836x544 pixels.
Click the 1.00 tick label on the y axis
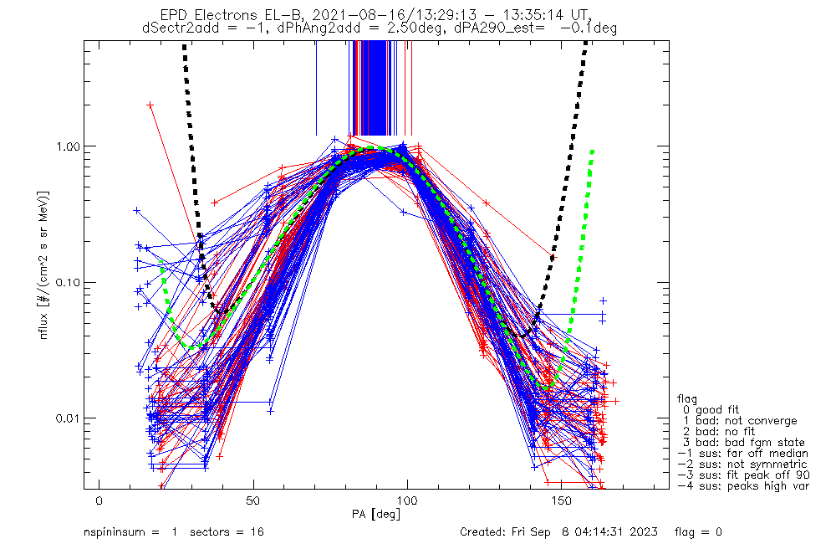[68, 146]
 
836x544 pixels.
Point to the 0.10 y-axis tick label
[68, 282]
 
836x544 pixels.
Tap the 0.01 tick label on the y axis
[68, 418]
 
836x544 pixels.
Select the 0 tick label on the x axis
[99, 500]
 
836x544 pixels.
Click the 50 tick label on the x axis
[253, 500]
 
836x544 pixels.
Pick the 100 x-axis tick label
[407, 500]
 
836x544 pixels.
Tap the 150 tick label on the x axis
[561, 500]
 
